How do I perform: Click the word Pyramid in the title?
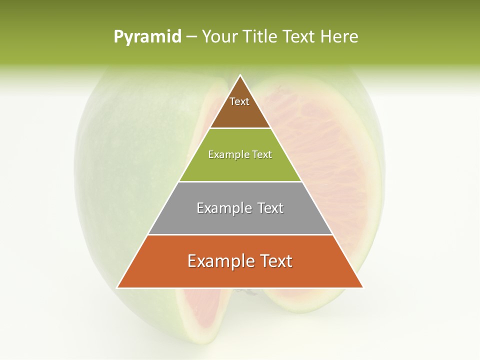pyautogui.click(x=147, y=37)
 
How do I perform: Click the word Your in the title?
pyautogui.click(x=220, y=37)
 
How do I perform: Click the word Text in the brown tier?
pyautogui.click(x=239, y=101)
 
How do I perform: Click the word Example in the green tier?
pyautogui.click(x=224, y=154)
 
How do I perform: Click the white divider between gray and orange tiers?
pyautogui.click(x=240, y=234)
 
